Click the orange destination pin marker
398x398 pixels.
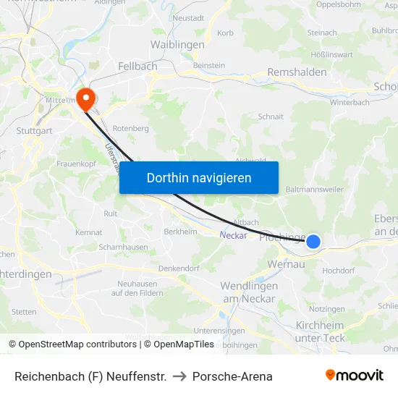pos(85,98)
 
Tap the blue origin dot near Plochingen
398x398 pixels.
pos(313,241)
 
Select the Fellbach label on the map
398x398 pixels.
pos(137,67)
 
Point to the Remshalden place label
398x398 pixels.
pos(297,72)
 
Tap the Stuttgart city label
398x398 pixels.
pos(34,131)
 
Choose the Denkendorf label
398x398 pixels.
pos(178,268)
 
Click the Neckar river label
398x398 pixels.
pos(233,234)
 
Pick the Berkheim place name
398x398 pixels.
pos(180,232)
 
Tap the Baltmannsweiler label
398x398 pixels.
pos(315,190)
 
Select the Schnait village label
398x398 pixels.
pos(271,116)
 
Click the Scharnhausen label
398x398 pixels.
pos(122,247)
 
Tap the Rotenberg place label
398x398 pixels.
pos(130,129)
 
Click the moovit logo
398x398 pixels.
pos(355,376)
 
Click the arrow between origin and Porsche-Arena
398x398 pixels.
pos(179,376)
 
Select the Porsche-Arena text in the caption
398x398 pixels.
pos(232,376)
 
